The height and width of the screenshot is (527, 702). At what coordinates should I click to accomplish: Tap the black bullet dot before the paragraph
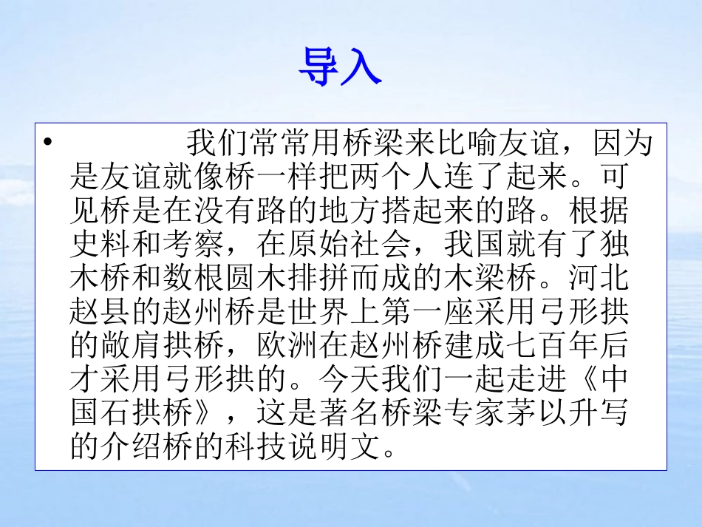coord(48,142)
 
